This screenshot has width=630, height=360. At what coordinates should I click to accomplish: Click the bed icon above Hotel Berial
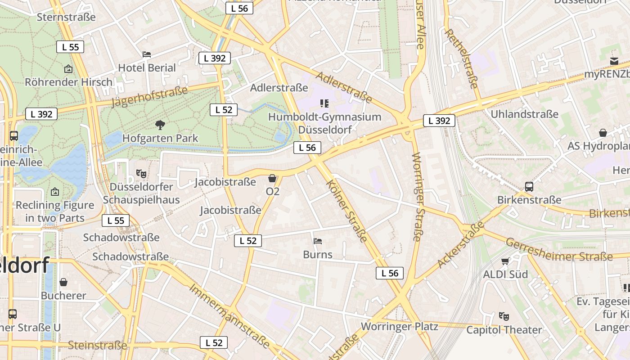point(147,54)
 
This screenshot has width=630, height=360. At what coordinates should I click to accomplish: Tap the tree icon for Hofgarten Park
point(160,125)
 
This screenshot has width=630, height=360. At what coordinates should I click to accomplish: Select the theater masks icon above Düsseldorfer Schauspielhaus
point(141,173)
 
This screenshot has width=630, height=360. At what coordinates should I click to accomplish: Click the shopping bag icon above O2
point(272,178)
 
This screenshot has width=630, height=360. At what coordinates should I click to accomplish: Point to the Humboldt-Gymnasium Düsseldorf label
point(324,123)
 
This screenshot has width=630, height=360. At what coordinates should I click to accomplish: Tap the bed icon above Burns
point(318,241)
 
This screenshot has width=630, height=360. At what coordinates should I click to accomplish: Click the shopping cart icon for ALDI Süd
point(505,261)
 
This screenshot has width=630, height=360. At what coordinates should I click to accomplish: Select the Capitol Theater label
point(504,330)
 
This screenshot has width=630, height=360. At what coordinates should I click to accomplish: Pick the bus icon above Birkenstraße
point(529,186)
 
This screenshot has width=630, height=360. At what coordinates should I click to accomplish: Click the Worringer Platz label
point(399,326)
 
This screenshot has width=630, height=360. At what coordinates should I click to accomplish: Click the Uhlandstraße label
point(524,114)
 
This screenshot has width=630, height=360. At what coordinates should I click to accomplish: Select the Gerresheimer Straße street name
point(558,250)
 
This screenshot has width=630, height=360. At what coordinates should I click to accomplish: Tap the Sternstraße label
point(66,17)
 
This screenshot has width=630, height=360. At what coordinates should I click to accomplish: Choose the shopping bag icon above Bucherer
point(63,282)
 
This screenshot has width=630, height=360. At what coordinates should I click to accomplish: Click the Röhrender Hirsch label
point(68,82)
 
